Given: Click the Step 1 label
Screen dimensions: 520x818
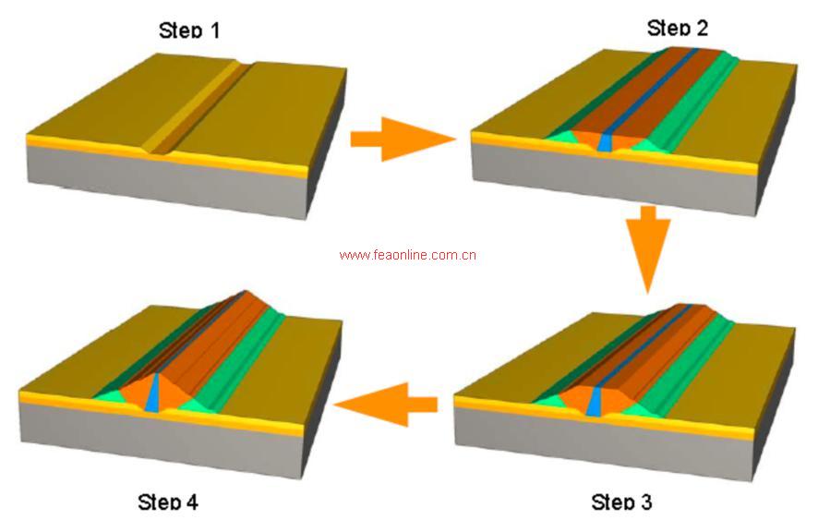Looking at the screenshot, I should [x=189, y=31].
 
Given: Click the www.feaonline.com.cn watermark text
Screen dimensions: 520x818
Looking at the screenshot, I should [x=407, y=255].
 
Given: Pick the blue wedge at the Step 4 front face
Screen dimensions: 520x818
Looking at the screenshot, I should [x=153, y=389].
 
